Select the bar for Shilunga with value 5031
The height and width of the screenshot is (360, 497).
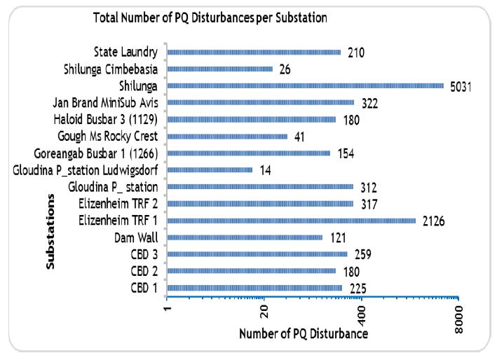point(306,85)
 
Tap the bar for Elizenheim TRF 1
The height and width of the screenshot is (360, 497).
point(292,221)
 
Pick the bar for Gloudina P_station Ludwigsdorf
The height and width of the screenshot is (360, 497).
point(210,169)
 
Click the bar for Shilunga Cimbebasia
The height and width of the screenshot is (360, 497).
point(220,69)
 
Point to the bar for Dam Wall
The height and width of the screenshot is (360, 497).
point(245,237)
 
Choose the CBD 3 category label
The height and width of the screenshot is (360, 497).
point(144,254)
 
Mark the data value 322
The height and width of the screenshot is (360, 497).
point(371,103)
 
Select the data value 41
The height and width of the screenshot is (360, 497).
point(300,137)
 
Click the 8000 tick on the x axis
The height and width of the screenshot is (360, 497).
point(459,319)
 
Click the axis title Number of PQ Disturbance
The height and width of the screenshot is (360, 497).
point(304,334)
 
